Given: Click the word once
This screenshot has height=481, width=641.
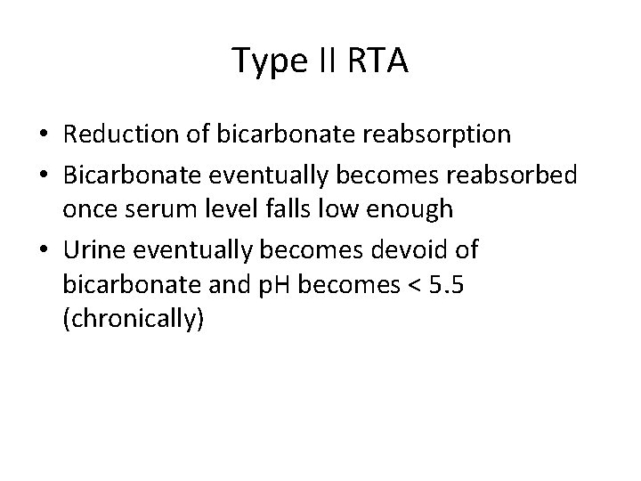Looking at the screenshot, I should coord(90,211).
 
